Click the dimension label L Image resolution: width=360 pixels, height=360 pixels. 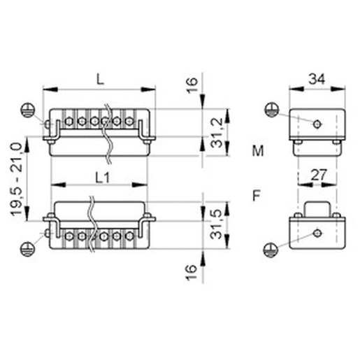point(100,79)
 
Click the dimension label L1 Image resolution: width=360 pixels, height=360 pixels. point(103,178)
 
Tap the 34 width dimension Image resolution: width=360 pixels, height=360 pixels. point(317,79)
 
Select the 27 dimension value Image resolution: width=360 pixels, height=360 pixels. point(319,175)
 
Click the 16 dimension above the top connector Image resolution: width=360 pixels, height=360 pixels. point(192,85)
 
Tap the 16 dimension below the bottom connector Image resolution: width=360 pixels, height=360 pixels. point(191,272)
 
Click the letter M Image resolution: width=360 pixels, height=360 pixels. point(258,151)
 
